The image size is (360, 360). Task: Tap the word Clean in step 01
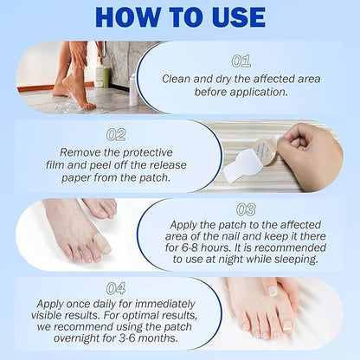(x=177, y=78)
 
